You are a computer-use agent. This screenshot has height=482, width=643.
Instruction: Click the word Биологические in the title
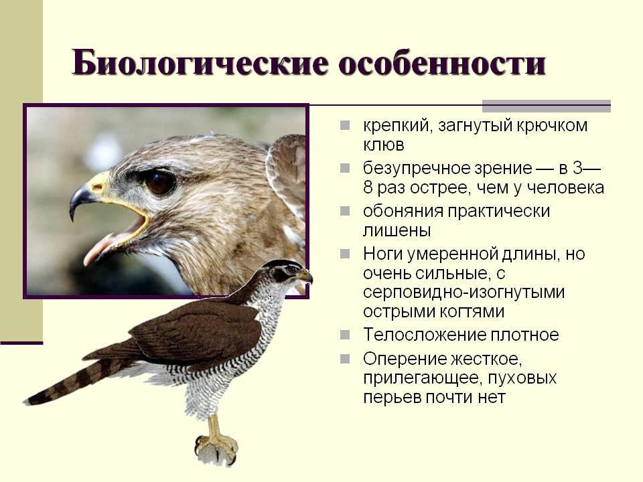(200, 64)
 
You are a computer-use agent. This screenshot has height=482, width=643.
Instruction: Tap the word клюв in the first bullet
(384, 145)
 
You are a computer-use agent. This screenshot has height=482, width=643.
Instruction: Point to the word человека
(565, 187)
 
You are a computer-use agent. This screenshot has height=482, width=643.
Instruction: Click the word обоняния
(403, 211)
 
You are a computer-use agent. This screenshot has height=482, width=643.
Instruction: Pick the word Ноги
(382, 254)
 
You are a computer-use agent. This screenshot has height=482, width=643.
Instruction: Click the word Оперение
(405, 359)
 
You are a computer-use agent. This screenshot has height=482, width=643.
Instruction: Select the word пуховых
(522, 378)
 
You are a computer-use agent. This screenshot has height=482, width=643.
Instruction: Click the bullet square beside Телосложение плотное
(345, 335)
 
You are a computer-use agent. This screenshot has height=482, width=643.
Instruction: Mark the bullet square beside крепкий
(345, 125)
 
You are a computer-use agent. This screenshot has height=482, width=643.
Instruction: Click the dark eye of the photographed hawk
(159, 182)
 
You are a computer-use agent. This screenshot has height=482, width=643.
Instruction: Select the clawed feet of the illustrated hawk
(216, 448)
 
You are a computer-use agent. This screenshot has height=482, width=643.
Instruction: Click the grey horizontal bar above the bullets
(547, 106)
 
